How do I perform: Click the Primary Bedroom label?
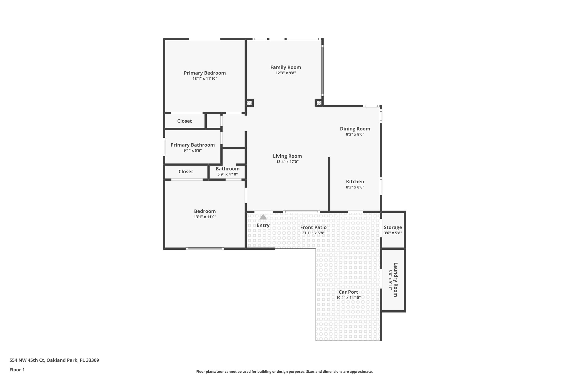[x=204, y=73]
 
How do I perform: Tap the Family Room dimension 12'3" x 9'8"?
[x=286, y=73]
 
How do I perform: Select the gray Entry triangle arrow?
[x=263, y=217]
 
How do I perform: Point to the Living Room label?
[x=287, y=156]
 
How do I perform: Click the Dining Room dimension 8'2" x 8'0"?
[x=355, y=134]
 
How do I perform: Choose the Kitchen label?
[x=355, y=182]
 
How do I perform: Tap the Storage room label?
[x=393, y=227]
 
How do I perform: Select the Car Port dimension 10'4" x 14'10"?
[x=348, y=298]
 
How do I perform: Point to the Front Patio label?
[x=313, y=227]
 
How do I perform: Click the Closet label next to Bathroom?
[x=186, y=172]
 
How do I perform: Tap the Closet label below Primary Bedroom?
[x=184, y=121]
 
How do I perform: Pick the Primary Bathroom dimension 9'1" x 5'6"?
[x=192, y=150]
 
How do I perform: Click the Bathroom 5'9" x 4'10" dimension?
[x=227, y=174]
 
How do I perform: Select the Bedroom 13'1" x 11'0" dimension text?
[x=205, y=217]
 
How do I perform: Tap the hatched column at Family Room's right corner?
[x=319, y=103]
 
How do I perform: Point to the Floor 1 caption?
[x=17, y=370]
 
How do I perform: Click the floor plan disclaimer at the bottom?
[x=284, y=372]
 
